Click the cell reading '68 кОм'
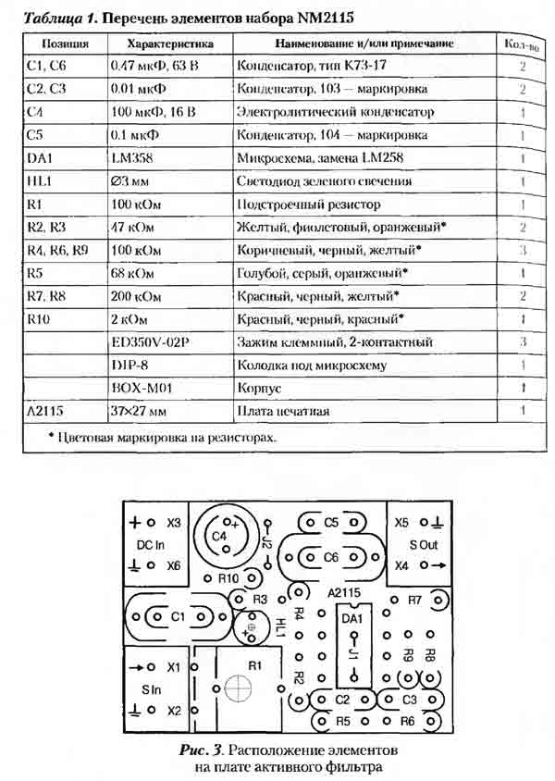point(129,273)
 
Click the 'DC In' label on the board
point(151,544)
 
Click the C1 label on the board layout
point(179,615)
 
